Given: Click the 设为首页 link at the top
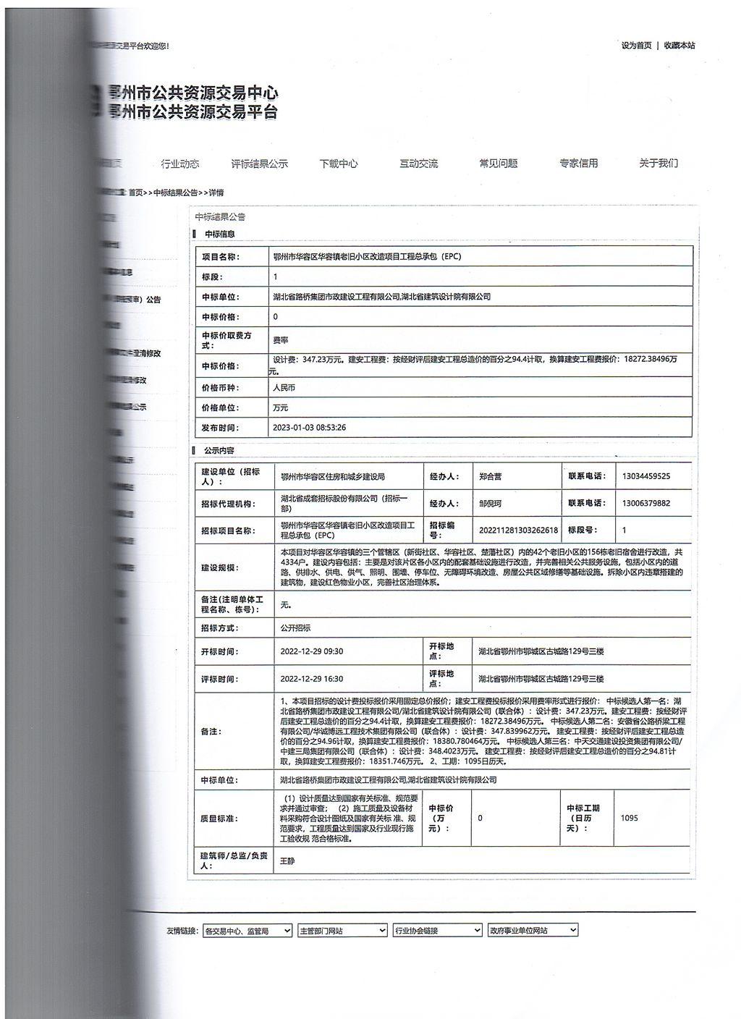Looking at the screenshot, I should [x=636, y=46].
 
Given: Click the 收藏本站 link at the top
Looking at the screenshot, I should [x=679, y=46].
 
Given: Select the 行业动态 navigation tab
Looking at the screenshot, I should [x=179, y=164].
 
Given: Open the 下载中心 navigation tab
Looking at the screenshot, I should [x=339, y=164].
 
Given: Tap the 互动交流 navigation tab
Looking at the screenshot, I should [x=418, y=164].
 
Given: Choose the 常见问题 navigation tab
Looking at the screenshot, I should [x=499, y=164].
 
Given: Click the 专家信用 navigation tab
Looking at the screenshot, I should [x=578, y=164].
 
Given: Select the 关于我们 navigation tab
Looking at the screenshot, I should [x=659, y=164].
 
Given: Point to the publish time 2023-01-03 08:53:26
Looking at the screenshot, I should [x=309, y=428].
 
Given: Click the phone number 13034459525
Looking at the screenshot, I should [x=646, y=476].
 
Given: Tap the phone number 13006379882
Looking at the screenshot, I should [x=646, y=503].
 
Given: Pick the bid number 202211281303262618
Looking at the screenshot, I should [x=518, y=530].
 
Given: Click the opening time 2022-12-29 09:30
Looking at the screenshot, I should [x=312, y=651].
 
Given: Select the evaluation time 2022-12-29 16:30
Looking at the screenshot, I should [x=312, y=679].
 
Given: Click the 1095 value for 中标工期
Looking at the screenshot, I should [x=629, y=819].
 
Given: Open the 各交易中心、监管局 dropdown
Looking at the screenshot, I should [x=247, y=931].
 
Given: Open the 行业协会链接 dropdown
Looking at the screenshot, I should [x=437, y=931].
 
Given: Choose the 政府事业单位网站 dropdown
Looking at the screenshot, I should [x=533, y=931].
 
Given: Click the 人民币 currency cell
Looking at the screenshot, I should [x=284, y=388].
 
